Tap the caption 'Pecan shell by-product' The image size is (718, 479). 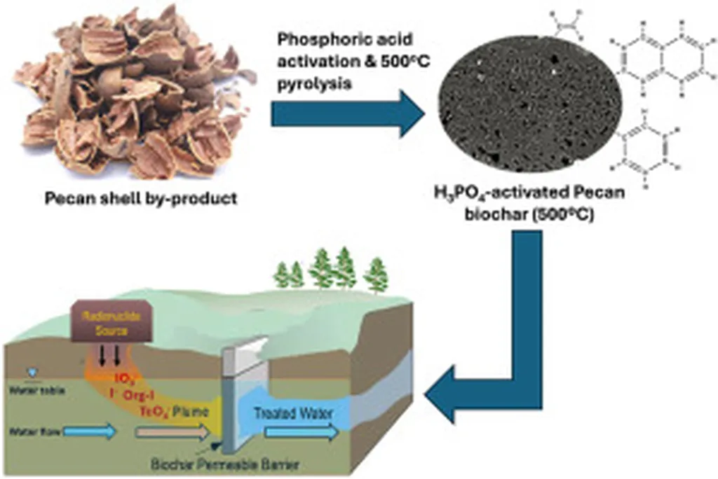click(x=141, y=198)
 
